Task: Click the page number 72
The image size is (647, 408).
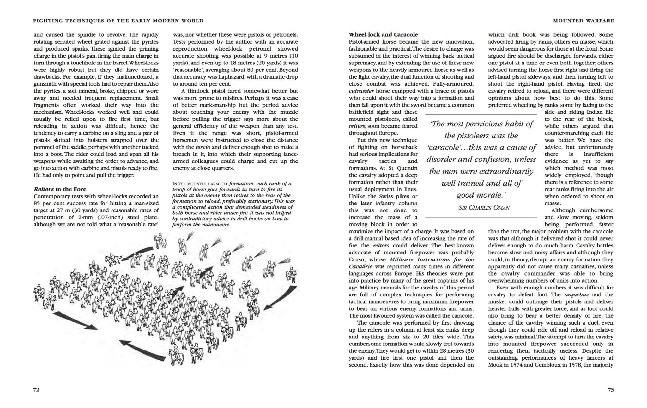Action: click(x=36, y=390)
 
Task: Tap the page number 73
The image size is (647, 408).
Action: click(x=611, y=390)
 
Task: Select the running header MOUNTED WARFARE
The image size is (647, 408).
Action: click(x=584, y=21)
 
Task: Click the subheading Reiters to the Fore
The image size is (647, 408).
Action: click(x=60, y=189)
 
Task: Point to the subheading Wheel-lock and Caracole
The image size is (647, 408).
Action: click(x=383, y=34)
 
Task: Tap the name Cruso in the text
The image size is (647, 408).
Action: click(x=357, y=259)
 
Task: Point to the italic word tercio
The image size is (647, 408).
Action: click(x=203, y=147)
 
